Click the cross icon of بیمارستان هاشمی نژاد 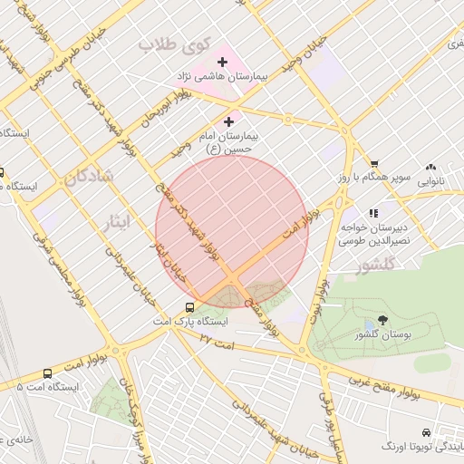click(x=223, y=62)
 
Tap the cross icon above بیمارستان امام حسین click(x=228, y=121)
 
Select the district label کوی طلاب click(x=175, y=43)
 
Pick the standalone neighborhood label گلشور click(x=377, y=266)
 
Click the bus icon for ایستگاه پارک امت click(x=190, y=307)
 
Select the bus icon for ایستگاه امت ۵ click(x=47, y=372)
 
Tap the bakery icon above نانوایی click(x=430, y=168)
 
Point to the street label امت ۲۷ click(x=217, y=343)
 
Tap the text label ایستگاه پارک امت click(x=190, y=322)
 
